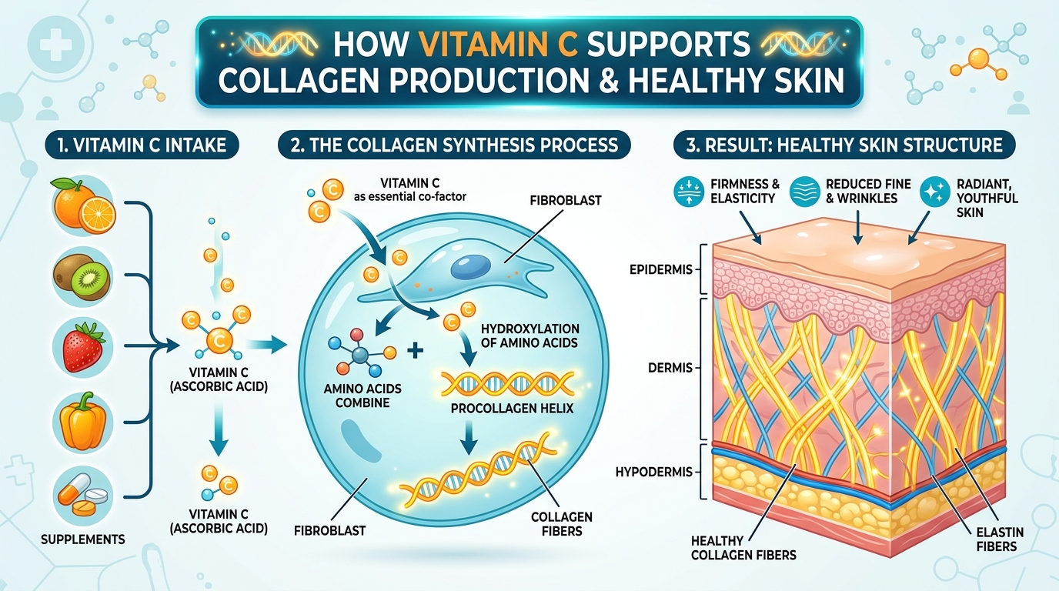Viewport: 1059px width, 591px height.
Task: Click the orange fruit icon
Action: (82, 206)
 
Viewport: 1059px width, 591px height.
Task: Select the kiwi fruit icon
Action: (82, 276)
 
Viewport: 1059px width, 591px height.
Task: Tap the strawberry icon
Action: (82, 346)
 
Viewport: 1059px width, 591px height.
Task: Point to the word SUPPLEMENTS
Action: (84, 539)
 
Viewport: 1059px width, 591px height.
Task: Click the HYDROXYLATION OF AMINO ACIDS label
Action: (529, 336)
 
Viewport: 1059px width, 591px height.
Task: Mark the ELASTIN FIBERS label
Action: (997, 539)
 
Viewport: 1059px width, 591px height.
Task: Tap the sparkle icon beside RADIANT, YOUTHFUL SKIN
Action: (934, 192)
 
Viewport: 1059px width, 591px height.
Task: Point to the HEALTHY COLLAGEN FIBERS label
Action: (743, 548)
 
